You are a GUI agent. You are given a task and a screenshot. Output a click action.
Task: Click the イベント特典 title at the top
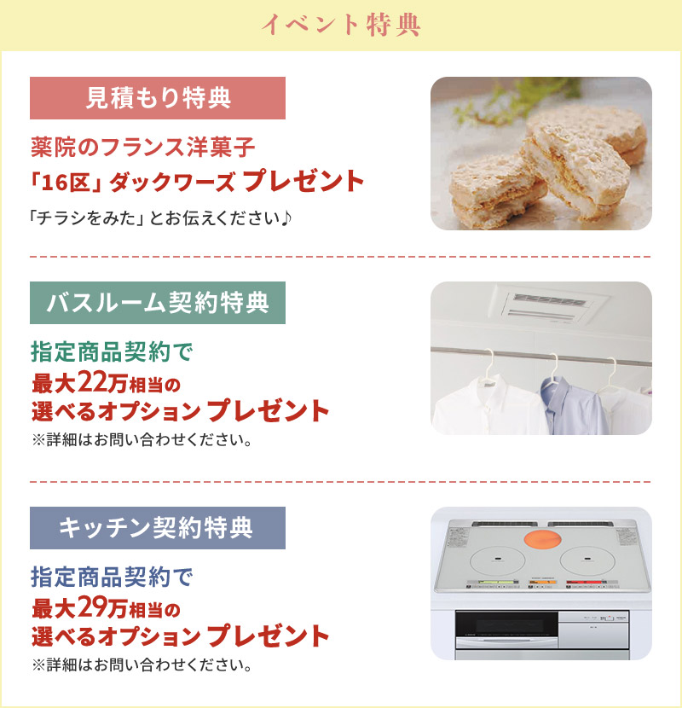[x=340, y=26]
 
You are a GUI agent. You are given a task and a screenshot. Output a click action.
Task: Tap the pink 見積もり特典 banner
[x=158, y=98]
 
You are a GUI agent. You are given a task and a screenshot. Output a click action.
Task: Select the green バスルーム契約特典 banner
[x=158, y=303]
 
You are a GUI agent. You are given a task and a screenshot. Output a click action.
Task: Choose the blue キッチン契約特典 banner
[x=158, y=528]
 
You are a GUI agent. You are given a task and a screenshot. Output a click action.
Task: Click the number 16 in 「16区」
[x=56, y=182]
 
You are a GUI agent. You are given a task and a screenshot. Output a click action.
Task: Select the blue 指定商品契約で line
[x=113, y=577]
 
